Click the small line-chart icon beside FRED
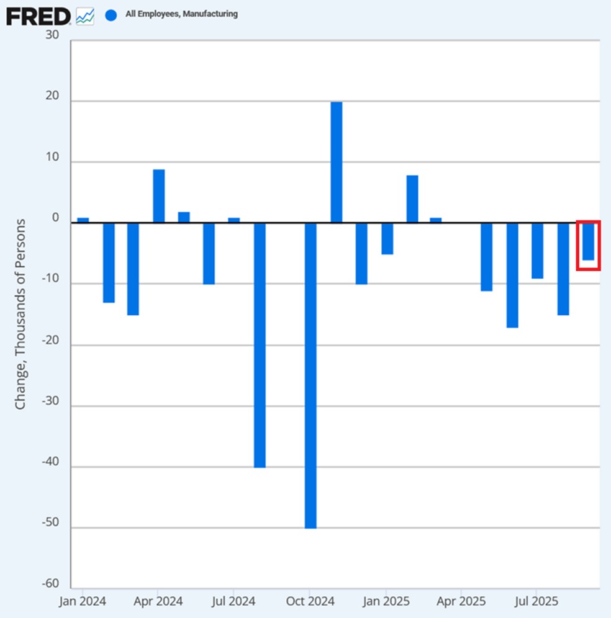[84, 16]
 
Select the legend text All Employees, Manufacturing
[181, 14]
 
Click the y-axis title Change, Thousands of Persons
[20, 314]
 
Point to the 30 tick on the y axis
[52, 35]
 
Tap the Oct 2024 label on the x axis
[310, 601]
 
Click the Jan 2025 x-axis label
[386, 601]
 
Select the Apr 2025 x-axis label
[461, 601]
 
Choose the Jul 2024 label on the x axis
[234, 601]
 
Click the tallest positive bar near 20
[336, 162]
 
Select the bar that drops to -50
[310, 375]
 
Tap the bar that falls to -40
[260, 345]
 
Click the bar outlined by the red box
[588, 241]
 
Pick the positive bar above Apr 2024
[159, 196]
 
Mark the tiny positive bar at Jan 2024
[83, 220]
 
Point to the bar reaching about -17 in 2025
[512, 275]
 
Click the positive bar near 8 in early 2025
[412, 199]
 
